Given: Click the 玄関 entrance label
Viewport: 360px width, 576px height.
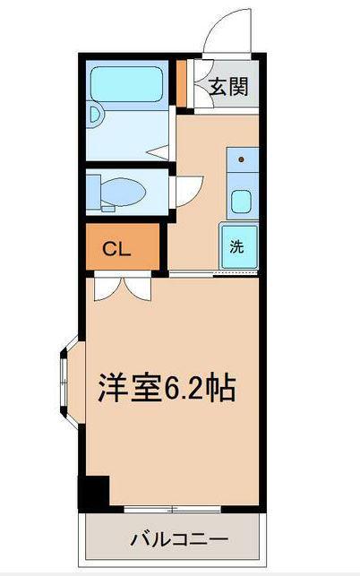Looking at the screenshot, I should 229,87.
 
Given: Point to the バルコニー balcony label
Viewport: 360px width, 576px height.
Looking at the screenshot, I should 179,539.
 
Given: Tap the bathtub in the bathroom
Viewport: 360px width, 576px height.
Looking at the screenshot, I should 131,83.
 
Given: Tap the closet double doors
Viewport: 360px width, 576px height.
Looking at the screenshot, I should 119,286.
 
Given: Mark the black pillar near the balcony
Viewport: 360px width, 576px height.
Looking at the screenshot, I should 93,493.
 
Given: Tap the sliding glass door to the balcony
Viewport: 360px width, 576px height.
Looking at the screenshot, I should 170,510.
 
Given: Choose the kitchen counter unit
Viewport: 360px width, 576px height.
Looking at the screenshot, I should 241,183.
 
